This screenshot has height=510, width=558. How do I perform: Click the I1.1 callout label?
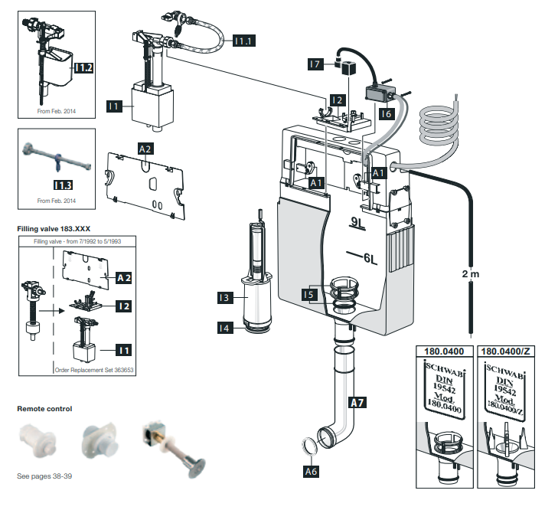(x=244, y=41)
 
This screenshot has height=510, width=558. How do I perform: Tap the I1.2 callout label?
(x=83, y=67)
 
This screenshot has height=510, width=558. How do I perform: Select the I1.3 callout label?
(x=63, y=185)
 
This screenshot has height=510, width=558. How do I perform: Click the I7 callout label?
(x=315, y=64)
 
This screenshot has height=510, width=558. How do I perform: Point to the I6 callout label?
(x=386, y=113)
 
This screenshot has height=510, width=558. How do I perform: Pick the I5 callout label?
(x=309, y=295)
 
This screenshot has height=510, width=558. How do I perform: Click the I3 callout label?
(x=225, y=297)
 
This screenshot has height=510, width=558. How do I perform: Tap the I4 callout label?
(x=225, y=328)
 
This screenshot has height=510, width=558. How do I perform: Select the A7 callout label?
(x=357, y=403)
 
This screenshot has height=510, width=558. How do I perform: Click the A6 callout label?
(x=311, y=471)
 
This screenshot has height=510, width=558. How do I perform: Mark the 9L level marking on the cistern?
(x=358, y=223)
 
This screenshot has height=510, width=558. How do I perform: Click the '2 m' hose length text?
(x=471, y=274)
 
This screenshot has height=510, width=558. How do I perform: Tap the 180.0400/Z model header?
(x=505, y=351)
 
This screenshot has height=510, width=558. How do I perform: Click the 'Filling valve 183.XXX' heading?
(x=54, y=229)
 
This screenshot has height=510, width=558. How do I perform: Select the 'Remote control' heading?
(x=44, y=408)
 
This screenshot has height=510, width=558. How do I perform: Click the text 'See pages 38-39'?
(x=44, y=476)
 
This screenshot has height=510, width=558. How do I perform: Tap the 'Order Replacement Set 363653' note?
(x=94, y=370)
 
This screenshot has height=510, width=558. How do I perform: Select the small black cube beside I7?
(x=349, y=67)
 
